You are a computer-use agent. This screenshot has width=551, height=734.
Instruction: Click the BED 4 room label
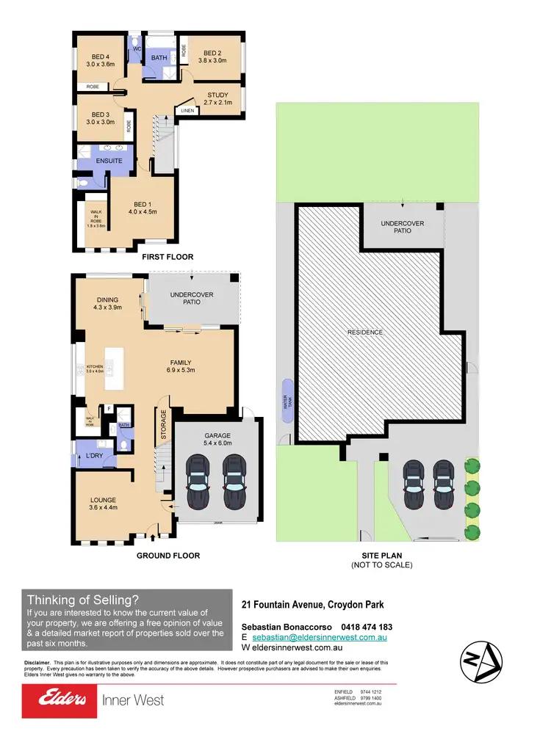coord(100,57)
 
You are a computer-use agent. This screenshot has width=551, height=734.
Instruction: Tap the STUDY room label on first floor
coord(217,95)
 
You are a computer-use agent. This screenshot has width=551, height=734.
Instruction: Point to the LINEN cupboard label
coord(187,112)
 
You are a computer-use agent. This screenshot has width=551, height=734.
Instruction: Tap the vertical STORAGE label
coord(164,425)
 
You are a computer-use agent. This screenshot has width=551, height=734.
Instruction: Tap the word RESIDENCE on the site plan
coord(365,333)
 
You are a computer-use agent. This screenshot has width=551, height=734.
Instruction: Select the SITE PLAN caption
coord(381,556)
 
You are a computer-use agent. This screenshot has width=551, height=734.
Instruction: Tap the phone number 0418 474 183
coord(367,627)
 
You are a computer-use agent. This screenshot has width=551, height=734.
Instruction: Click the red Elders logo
coord(60,700)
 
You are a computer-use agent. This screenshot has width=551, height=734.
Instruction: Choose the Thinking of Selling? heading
coord(82,600)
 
